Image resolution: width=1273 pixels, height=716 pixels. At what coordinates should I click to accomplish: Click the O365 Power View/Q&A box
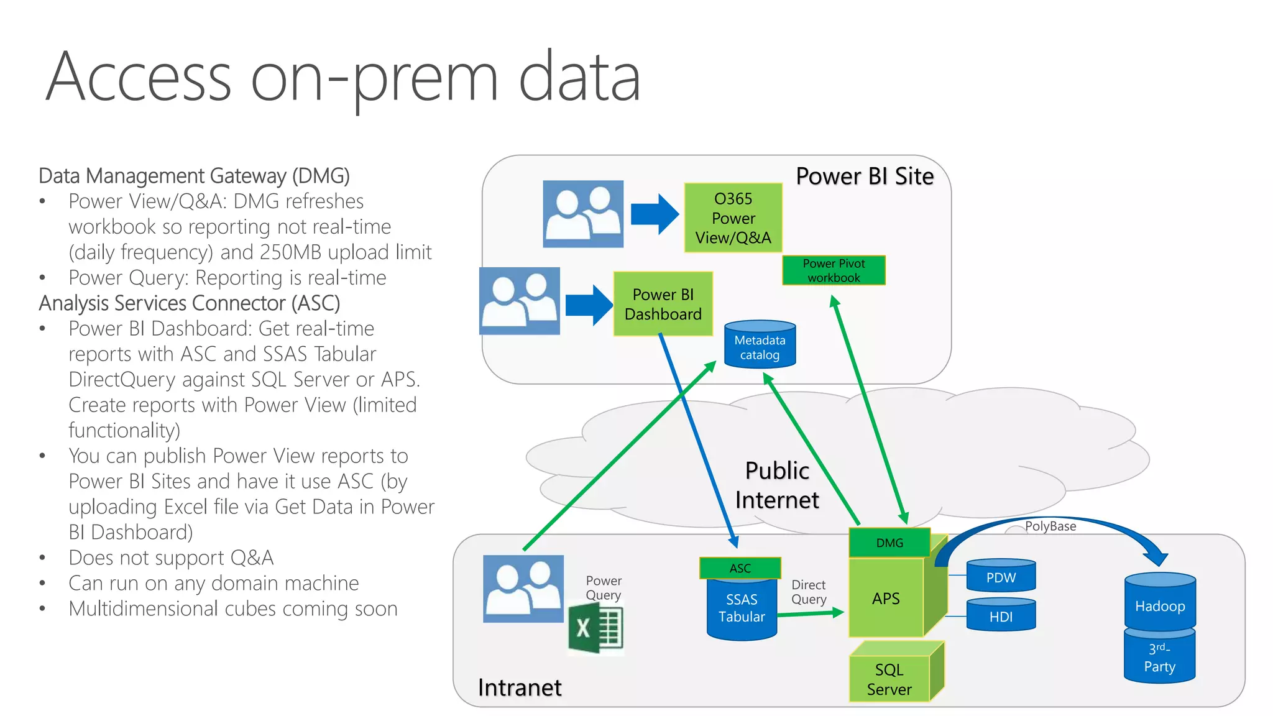tap(733, 218)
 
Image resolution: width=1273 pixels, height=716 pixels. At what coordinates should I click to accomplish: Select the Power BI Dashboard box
tap(663, 304)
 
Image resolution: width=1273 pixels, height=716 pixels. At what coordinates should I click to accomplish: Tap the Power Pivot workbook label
tap(834, 270)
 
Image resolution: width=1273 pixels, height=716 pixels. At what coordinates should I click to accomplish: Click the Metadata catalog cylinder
tap(760, 346)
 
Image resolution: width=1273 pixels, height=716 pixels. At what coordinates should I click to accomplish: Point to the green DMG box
tap(889, 543)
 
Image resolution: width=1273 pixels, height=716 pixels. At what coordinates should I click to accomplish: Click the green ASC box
tap(740, 568)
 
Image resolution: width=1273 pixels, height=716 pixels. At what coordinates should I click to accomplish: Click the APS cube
tap(886, 598)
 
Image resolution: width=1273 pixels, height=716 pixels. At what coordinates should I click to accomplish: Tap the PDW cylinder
tap(1001, 577)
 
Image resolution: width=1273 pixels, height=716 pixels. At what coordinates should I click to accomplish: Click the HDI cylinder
tap(1001, 616)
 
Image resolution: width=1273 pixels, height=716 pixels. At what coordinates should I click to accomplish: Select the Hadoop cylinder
tap(1160, 604)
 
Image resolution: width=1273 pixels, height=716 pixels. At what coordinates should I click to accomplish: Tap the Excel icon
tap(595, 629)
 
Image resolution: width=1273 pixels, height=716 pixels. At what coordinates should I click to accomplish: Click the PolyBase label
tap(1050, 526)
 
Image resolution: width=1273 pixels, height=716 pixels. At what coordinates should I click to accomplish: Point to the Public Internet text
tap(777, 485)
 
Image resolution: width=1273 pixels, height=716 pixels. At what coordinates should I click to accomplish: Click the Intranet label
tap(520, 687)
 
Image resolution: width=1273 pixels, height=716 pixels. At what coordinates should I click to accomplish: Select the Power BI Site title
tap(865, 177)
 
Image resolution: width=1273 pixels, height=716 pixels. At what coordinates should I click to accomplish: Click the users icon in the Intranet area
tap(523, 589)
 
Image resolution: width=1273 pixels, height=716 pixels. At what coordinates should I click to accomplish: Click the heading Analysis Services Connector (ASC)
tap(190, 303)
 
